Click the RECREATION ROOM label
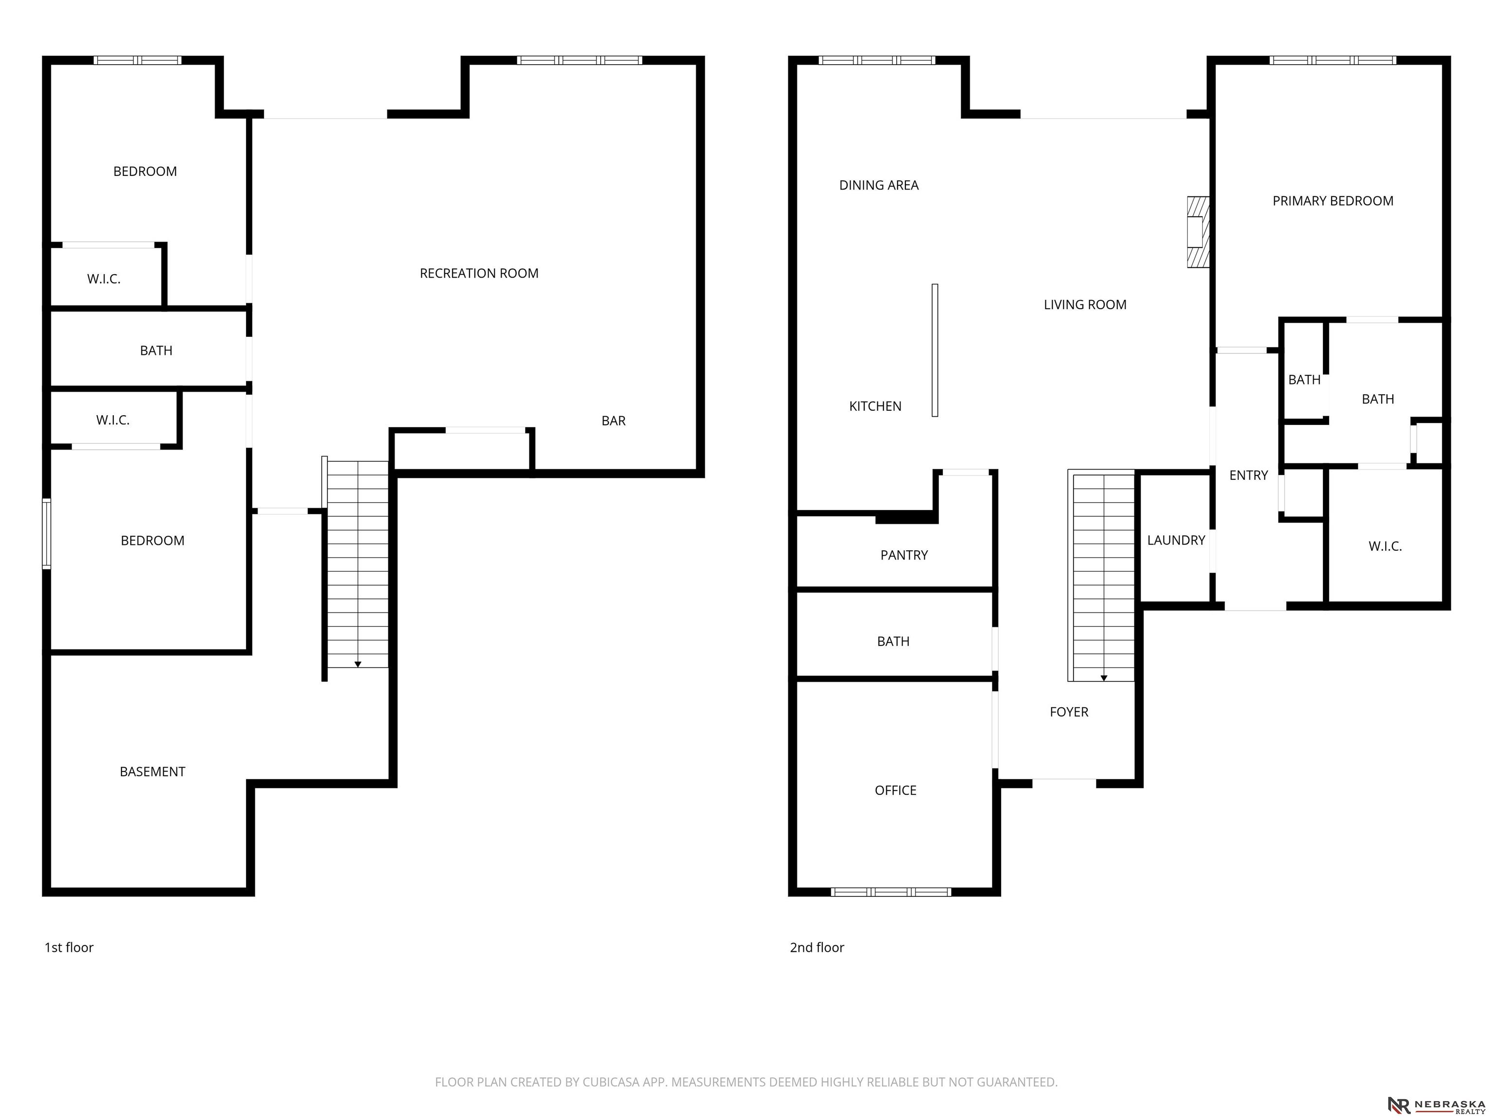[x=479, y=273]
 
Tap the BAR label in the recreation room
[x=613, y=420]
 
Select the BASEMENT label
[x=153, y=771]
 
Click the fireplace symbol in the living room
[x=1198, y=232]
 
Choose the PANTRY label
[x=904, y=555]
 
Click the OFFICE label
[x=896, y=790]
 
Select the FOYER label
[x=1069, y=712]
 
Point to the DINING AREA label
[x=879, y=185]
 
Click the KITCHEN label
[x=875, y=406]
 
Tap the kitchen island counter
[x=935, y=350]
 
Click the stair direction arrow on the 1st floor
[x=358, y=665]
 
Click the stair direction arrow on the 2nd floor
[x=1104, y=678]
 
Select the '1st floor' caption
[x=69, y=947]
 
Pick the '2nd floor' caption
[x=816, y=947]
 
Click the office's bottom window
[x=891, y=892]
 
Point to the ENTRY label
[x=1249, y=475]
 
